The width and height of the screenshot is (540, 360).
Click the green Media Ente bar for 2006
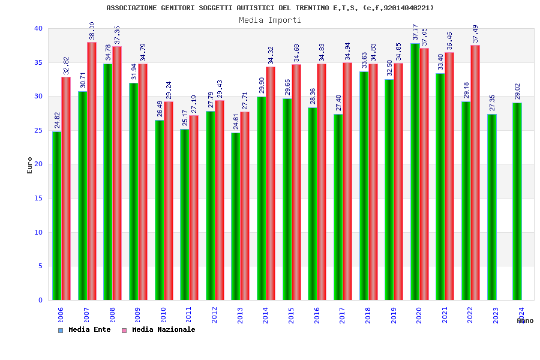56,216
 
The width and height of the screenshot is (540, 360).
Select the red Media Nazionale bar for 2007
92,171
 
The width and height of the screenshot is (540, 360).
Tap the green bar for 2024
517,201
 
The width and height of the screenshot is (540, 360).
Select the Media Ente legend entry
85,329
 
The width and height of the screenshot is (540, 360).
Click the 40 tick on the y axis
38,28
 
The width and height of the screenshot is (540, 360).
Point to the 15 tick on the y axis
38,198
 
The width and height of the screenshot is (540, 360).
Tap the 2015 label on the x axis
291,316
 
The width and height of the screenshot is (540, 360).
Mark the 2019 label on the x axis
394,316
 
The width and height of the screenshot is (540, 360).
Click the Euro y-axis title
30,165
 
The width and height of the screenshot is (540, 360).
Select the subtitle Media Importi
270,20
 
